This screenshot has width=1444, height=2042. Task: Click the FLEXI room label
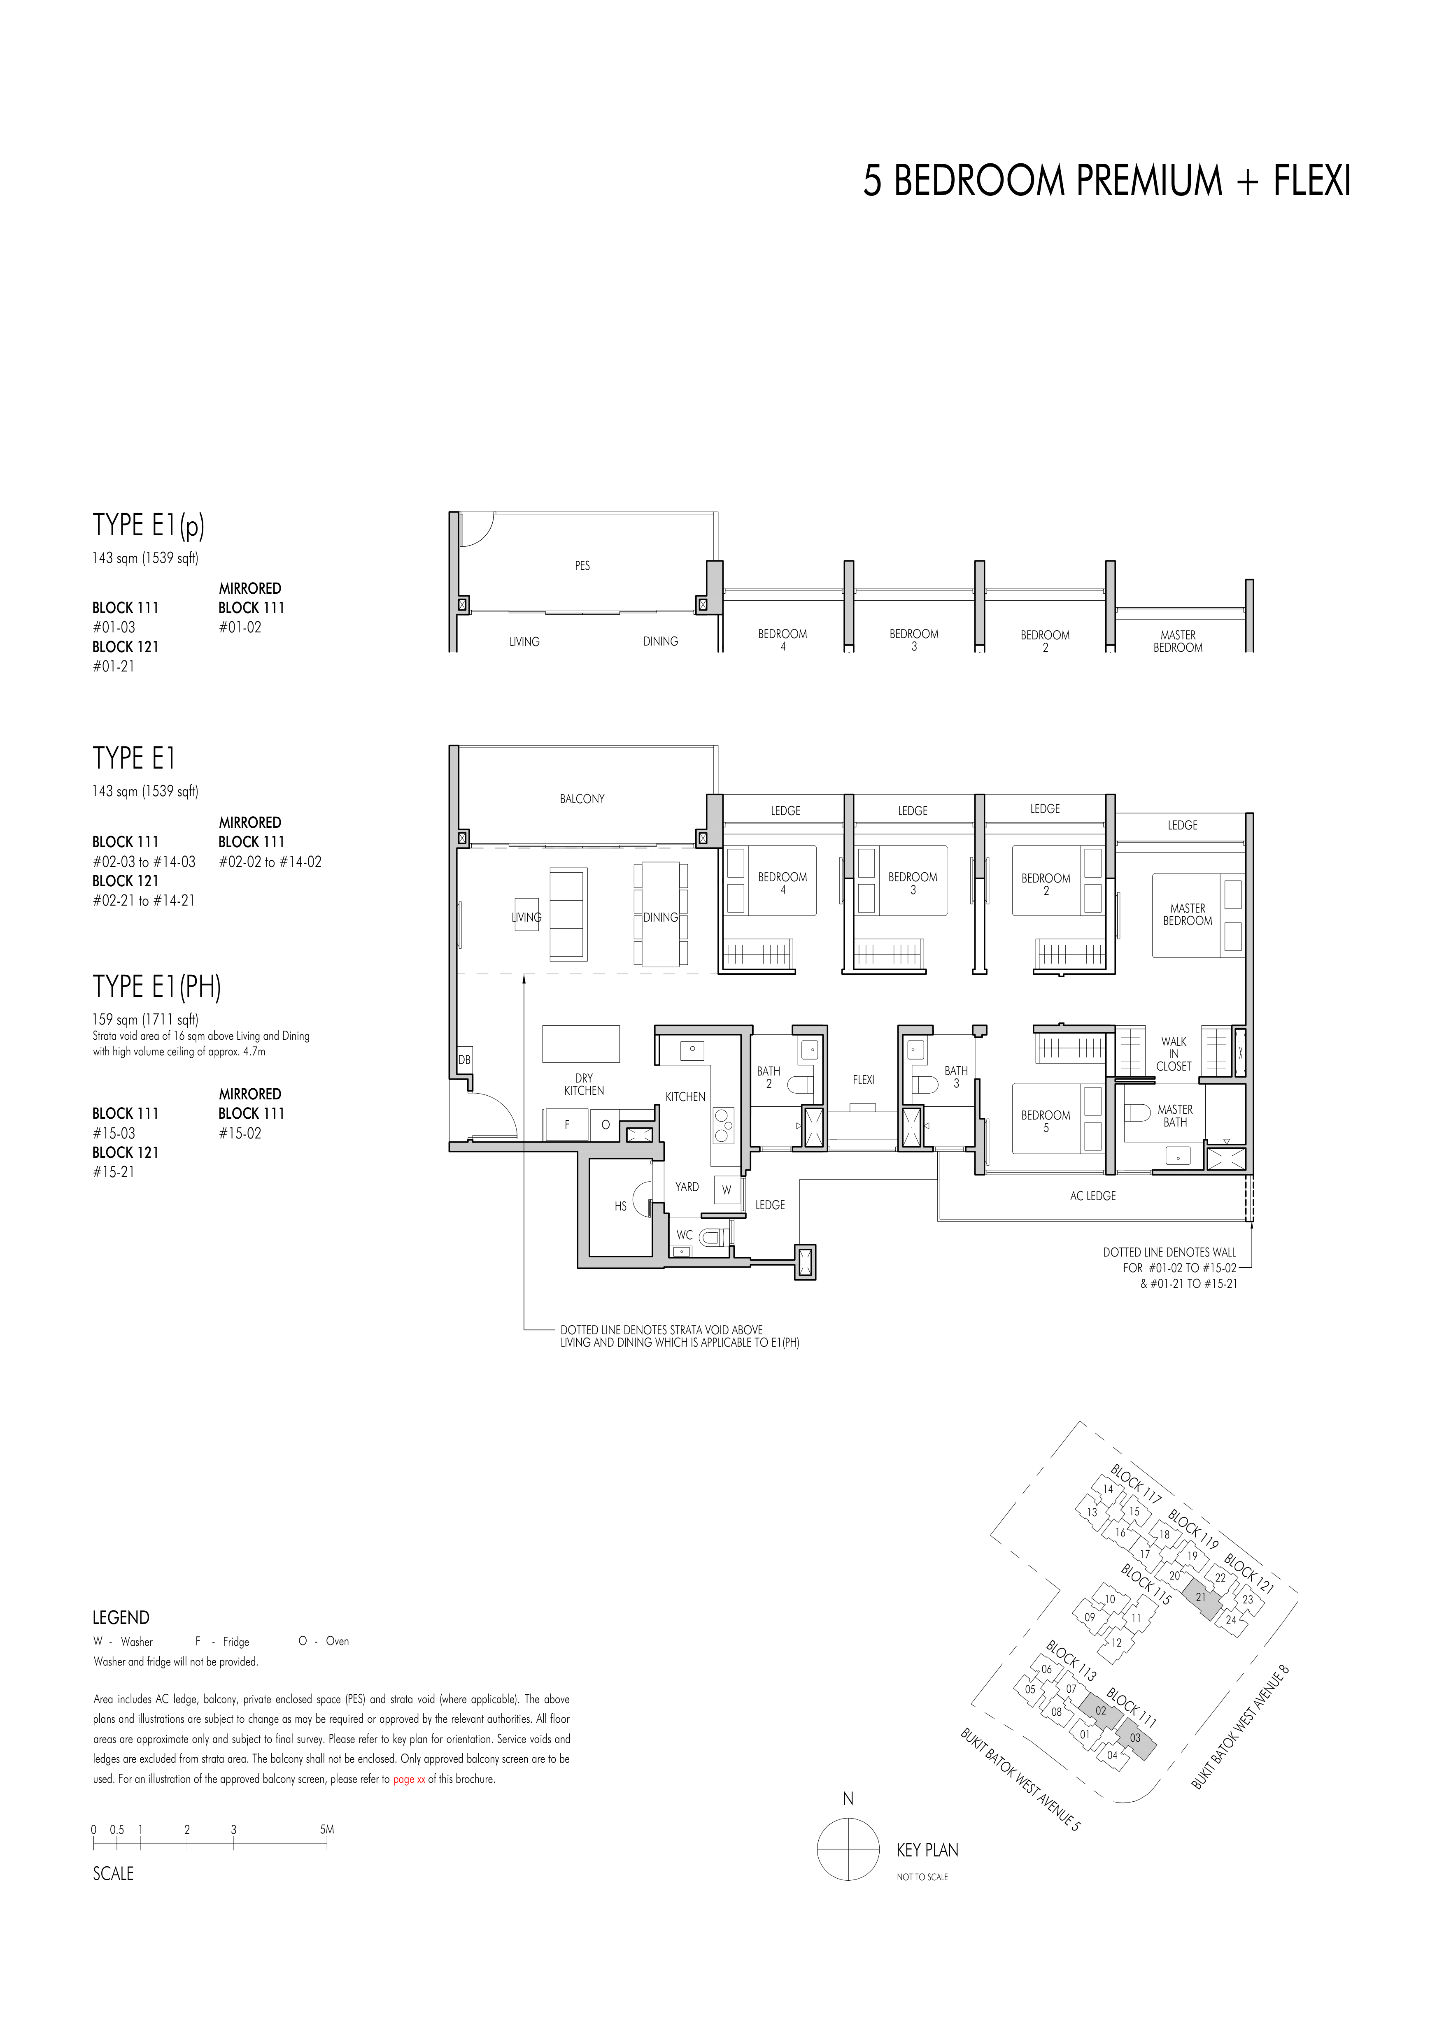click(863, 1080)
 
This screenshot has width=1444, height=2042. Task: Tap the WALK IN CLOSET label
click(1174, 1054)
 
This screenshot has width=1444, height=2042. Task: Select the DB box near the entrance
click(464, 1060)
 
